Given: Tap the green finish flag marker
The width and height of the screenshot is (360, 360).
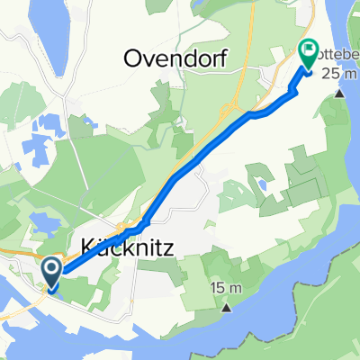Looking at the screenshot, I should click(308, 58).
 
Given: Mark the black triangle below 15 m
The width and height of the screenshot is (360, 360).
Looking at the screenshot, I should click(226, 308).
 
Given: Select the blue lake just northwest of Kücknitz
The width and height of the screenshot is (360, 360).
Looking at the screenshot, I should click(40, 221).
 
